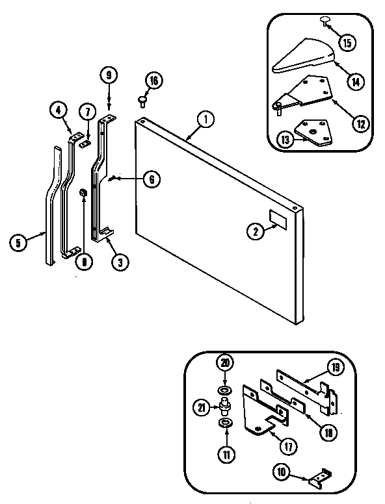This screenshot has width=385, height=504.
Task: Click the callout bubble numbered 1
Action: point(206,120)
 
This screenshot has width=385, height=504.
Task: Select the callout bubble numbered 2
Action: point(256,230)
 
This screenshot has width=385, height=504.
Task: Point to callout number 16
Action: point(153,81)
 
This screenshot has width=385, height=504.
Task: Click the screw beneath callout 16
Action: point(142,100)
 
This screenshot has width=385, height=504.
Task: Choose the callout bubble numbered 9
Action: point(109,75)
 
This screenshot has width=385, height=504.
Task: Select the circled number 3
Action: point(118,262)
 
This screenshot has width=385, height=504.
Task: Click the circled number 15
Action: point(347,44)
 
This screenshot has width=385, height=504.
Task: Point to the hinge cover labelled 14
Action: point(302,62)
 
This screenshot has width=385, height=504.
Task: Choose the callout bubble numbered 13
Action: point(285,138)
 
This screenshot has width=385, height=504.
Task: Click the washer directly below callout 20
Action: point(225,389)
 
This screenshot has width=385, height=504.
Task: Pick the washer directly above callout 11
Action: point(225,423)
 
